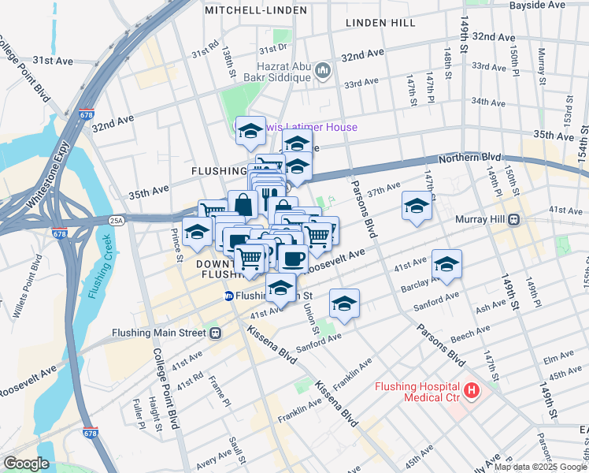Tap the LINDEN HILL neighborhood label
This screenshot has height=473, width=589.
pos(380,23)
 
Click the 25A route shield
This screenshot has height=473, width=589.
pos(117,220)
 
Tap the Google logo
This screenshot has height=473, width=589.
pos(26,463)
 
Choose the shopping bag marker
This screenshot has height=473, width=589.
pos(243,203)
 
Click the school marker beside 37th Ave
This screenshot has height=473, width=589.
pos(417,206)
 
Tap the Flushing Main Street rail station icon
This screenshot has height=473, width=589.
pos(215,332)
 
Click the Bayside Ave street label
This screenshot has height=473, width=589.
pos(537,5)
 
